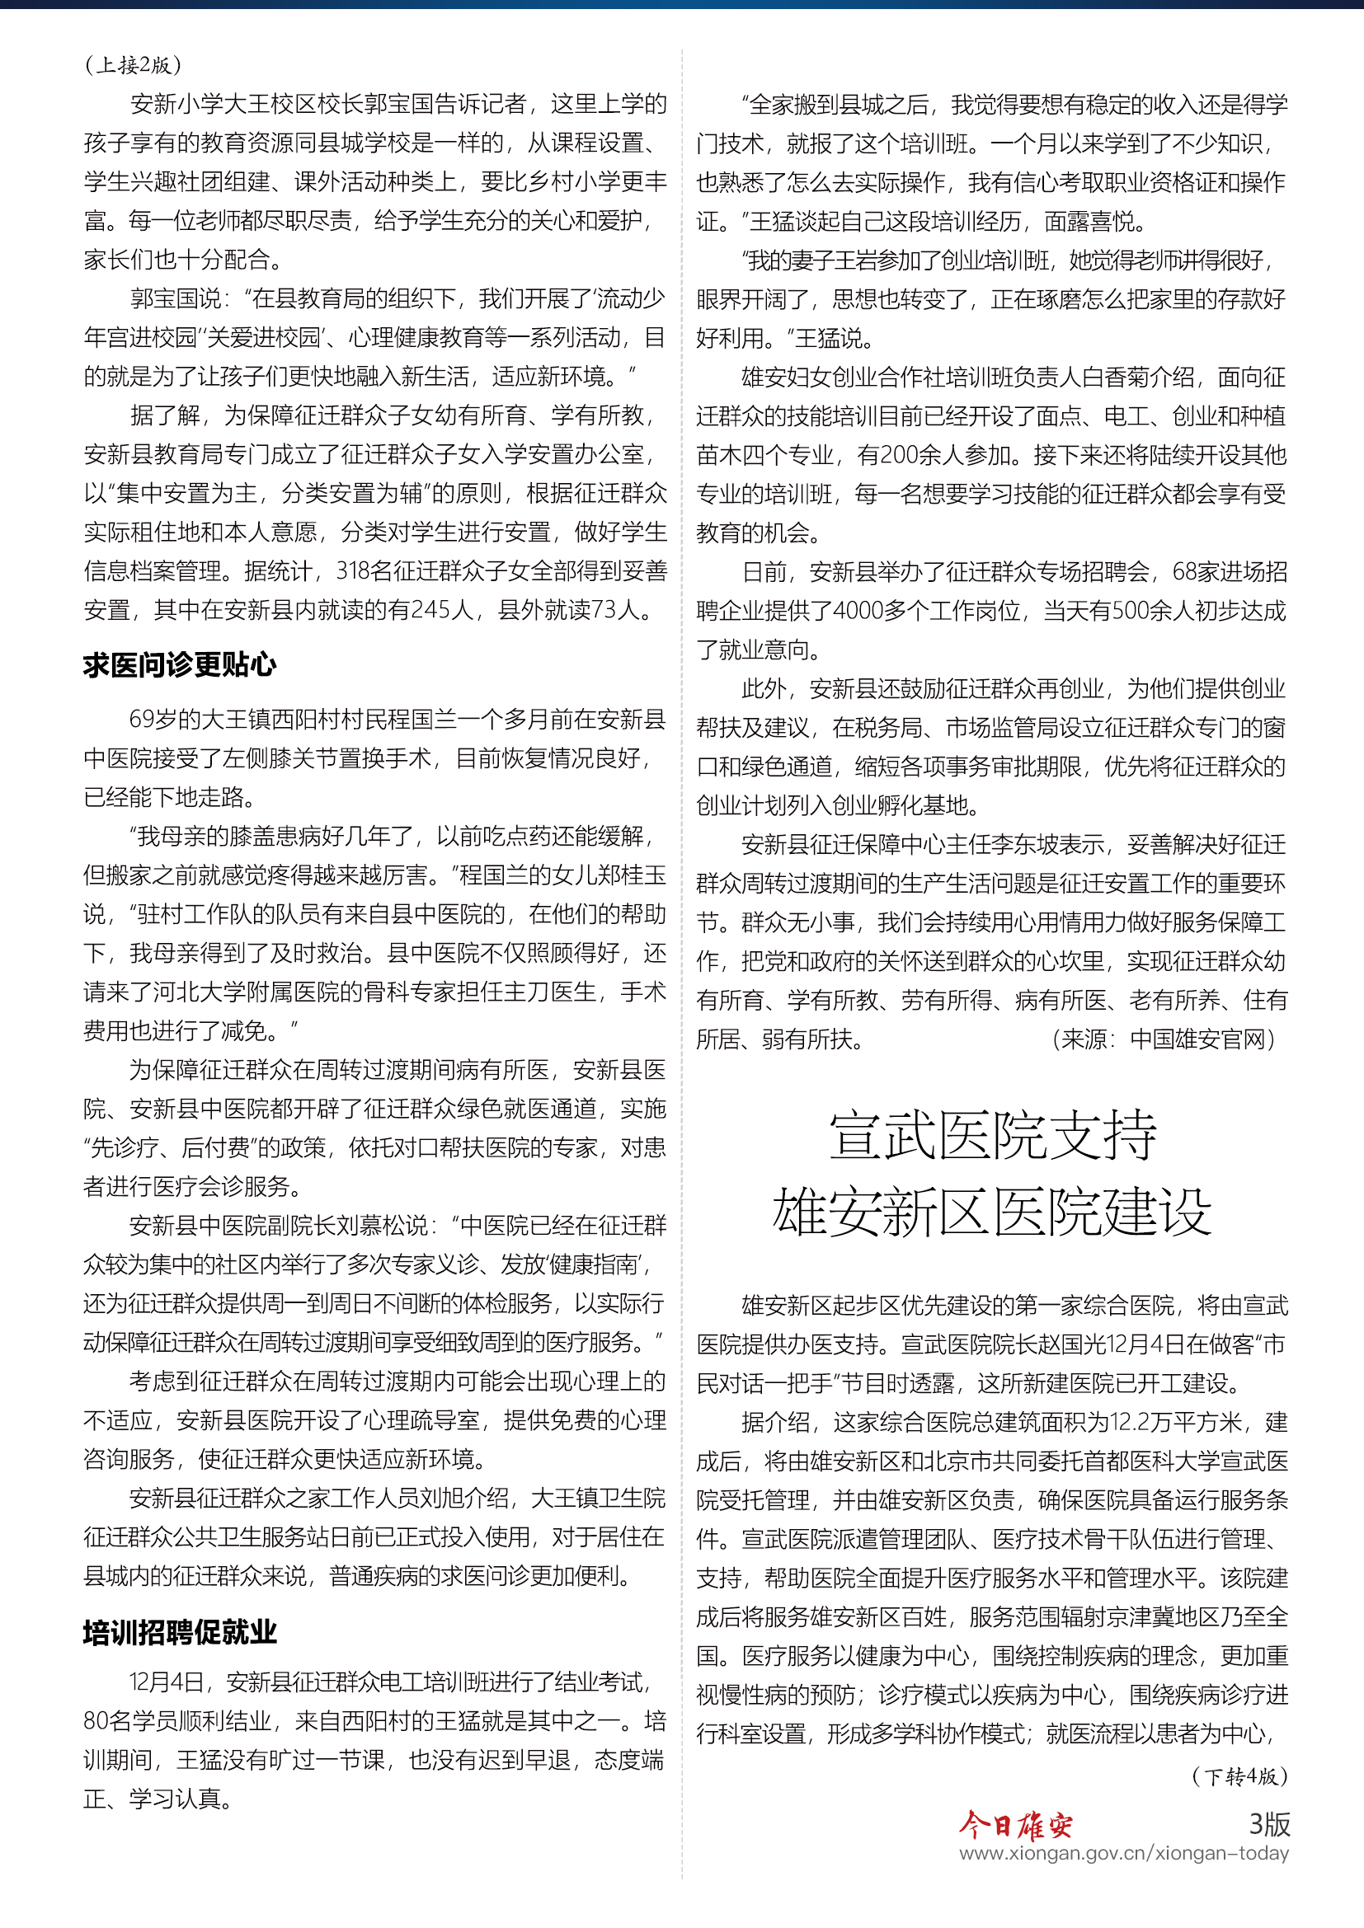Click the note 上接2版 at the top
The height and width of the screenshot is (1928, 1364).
134,65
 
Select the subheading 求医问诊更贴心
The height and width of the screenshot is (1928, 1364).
180,665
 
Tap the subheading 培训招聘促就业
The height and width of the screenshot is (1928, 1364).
180,1631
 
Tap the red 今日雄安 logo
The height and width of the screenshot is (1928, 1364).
1016,1824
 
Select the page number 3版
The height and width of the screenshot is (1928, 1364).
1268,1823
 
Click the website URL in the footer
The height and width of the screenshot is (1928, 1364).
1124,1853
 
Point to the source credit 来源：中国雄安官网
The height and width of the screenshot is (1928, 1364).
1164,1039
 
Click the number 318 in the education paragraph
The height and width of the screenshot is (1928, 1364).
353,571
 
